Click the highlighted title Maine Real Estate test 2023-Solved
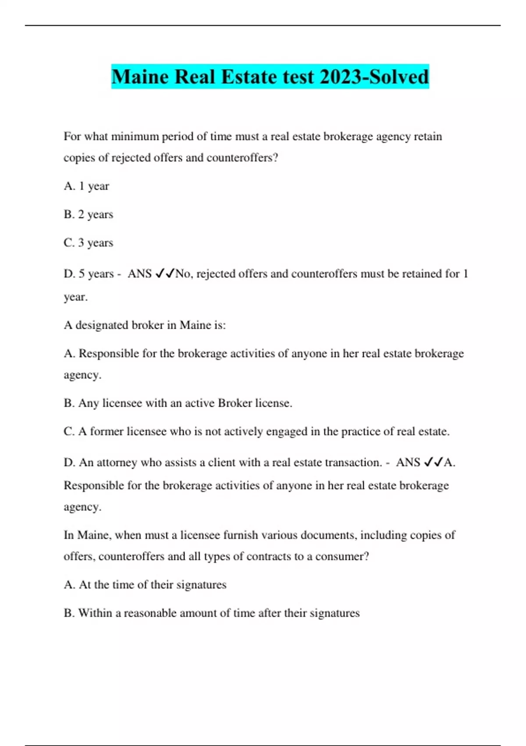click(270, 77)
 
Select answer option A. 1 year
click(86, 186)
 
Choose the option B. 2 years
click(88, 215)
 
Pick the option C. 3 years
click(88, 243)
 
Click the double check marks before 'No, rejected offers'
click(165, 274)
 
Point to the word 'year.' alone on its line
click(75, 297)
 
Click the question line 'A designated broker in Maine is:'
click(145, 325)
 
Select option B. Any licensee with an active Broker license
click(178, 403)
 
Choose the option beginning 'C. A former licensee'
click(256, 431)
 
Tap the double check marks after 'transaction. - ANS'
click(434, 463)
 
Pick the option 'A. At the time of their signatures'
click(145, 585)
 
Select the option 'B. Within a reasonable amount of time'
click(211, 613)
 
